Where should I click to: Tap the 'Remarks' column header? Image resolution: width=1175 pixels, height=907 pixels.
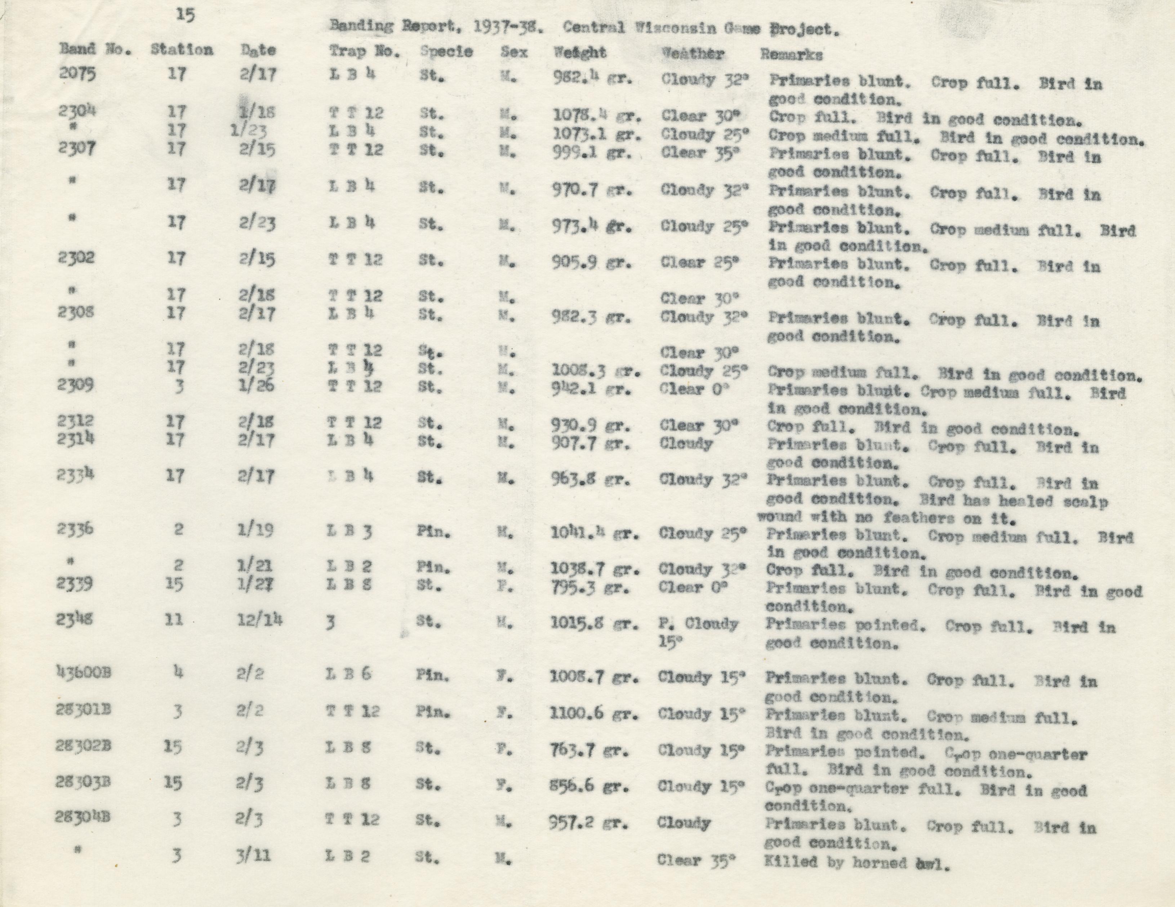pyautogui.click(x=791, y=54)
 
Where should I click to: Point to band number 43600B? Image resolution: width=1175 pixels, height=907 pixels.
pyautogui.click(x=83, y=673)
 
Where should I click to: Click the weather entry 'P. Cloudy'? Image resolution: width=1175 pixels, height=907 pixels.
pyautogui.click(x=698, y=624)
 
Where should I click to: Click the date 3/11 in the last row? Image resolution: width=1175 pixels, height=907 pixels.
pyautogui.click(x=252, y=855)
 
